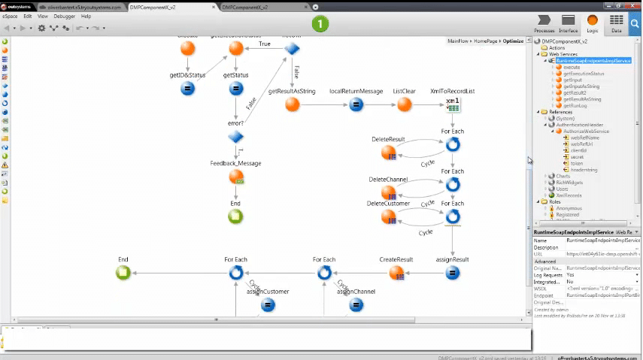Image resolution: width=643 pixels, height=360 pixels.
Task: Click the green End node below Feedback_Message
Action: point(235,216)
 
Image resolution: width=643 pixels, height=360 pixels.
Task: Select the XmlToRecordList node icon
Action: point(453,104)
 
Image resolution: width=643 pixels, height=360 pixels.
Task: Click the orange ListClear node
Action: point(405,104)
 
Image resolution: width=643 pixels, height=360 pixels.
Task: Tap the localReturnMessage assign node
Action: point(356,104)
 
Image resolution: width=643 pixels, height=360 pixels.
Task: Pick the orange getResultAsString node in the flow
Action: point(292,104)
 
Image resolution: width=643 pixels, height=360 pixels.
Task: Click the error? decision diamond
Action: point(235,137)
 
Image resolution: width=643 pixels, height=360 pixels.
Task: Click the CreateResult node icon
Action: point(397,273)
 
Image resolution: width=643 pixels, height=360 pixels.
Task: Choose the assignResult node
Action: point(453,273)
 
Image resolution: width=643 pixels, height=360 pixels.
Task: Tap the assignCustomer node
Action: point(268,304)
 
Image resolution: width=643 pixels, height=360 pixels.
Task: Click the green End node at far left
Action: point(123,273)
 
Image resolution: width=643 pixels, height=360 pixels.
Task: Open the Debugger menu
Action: point(64,16)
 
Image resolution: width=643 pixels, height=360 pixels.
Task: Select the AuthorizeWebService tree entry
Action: point(586,131)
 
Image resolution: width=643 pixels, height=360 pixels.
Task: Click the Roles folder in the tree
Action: point(555,201)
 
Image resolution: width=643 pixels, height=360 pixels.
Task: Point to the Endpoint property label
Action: point(544,296)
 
